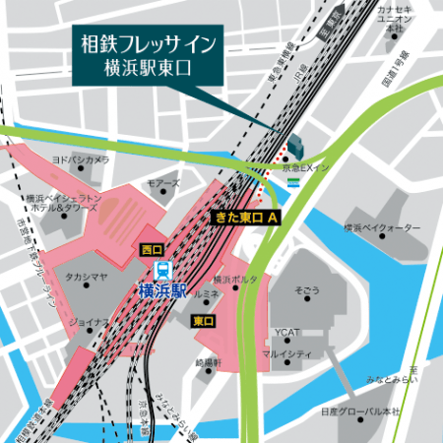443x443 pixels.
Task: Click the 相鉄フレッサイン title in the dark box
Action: click(149, 43)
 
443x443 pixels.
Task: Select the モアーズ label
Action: click(163, 183)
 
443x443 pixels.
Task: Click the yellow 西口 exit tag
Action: click(151, 249)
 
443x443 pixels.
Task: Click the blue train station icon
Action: click(165, 269)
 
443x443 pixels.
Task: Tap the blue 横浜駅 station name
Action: click(163, 289)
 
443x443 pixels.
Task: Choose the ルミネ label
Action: click(207, 293)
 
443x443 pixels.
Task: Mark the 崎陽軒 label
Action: click(209, 363)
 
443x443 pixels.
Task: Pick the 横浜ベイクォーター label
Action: click(382, 228)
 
